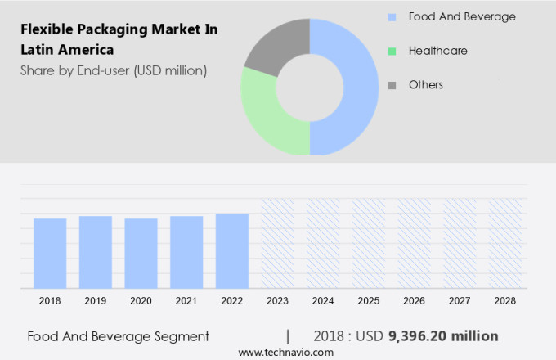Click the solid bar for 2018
tap(50, 253)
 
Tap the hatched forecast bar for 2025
tap(369, 243)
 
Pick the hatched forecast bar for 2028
tap(505, 243)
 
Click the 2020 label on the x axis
tap(141, 301)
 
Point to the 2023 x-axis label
tap(278, 301)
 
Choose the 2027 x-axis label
tap(460, 301)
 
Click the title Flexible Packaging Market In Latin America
tap(118, 39)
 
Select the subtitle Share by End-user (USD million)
tap(114, 70)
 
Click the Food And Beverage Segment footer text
tap(118, 336)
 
